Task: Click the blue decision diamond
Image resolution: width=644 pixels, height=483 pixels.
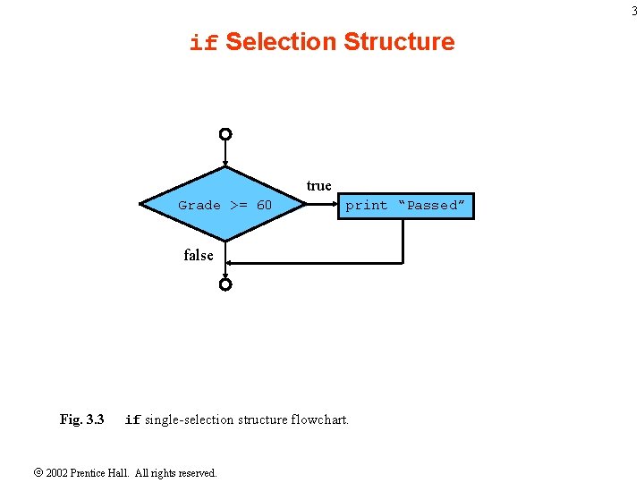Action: pos(225,224)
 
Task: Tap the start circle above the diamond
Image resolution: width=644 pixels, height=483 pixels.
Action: pos(225,134)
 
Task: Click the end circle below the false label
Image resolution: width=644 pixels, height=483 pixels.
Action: pos(225,284)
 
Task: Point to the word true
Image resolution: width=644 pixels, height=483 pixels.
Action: pos(318,186)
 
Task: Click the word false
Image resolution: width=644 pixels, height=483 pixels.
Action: pos(199,256)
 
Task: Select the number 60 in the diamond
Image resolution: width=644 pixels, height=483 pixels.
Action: pos(264,206)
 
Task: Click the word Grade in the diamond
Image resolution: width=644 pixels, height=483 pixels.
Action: pos(199,206)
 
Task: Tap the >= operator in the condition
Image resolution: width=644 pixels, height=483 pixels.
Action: pos(238,206)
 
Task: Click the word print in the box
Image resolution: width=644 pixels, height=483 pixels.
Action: pos(367,206)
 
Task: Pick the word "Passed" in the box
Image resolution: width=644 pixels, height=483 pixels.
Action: pos(432,206)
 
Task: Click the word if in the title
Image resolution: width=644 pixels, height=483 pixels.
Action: pos(204,43)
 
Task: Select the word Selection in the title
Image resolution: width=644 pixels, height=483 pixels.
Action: pos(280,42)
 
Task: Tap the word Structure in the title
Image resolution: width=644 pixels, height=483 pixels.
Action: pos(399,42)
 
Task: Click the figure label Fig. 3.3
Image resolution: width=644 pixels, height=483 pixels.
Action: pos(81,419)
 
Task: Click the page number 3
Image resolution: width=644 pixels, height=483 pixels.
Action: pos(634,11)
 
